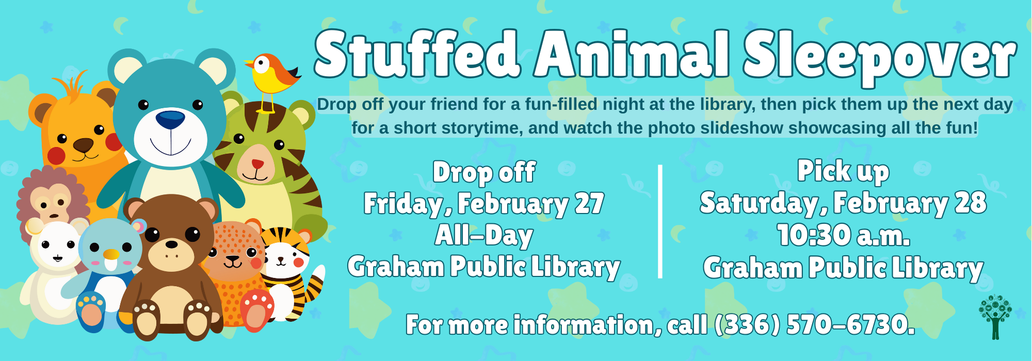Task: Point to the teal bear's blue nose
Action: pos(170,120)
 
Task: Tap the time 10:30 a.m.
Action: pos(844,235)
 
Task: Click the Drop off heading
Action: pos(484,173)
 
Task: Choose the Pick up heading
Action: pos(843,171)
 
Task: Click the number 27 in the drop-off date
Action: pos(589,204)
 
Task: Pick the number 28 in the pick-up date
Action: pos(971,203)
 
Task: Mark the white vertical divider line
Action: pos(660,222)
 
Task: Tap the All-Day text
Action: pos(484,236)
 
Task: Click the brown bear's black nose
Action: pos(172,244)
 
